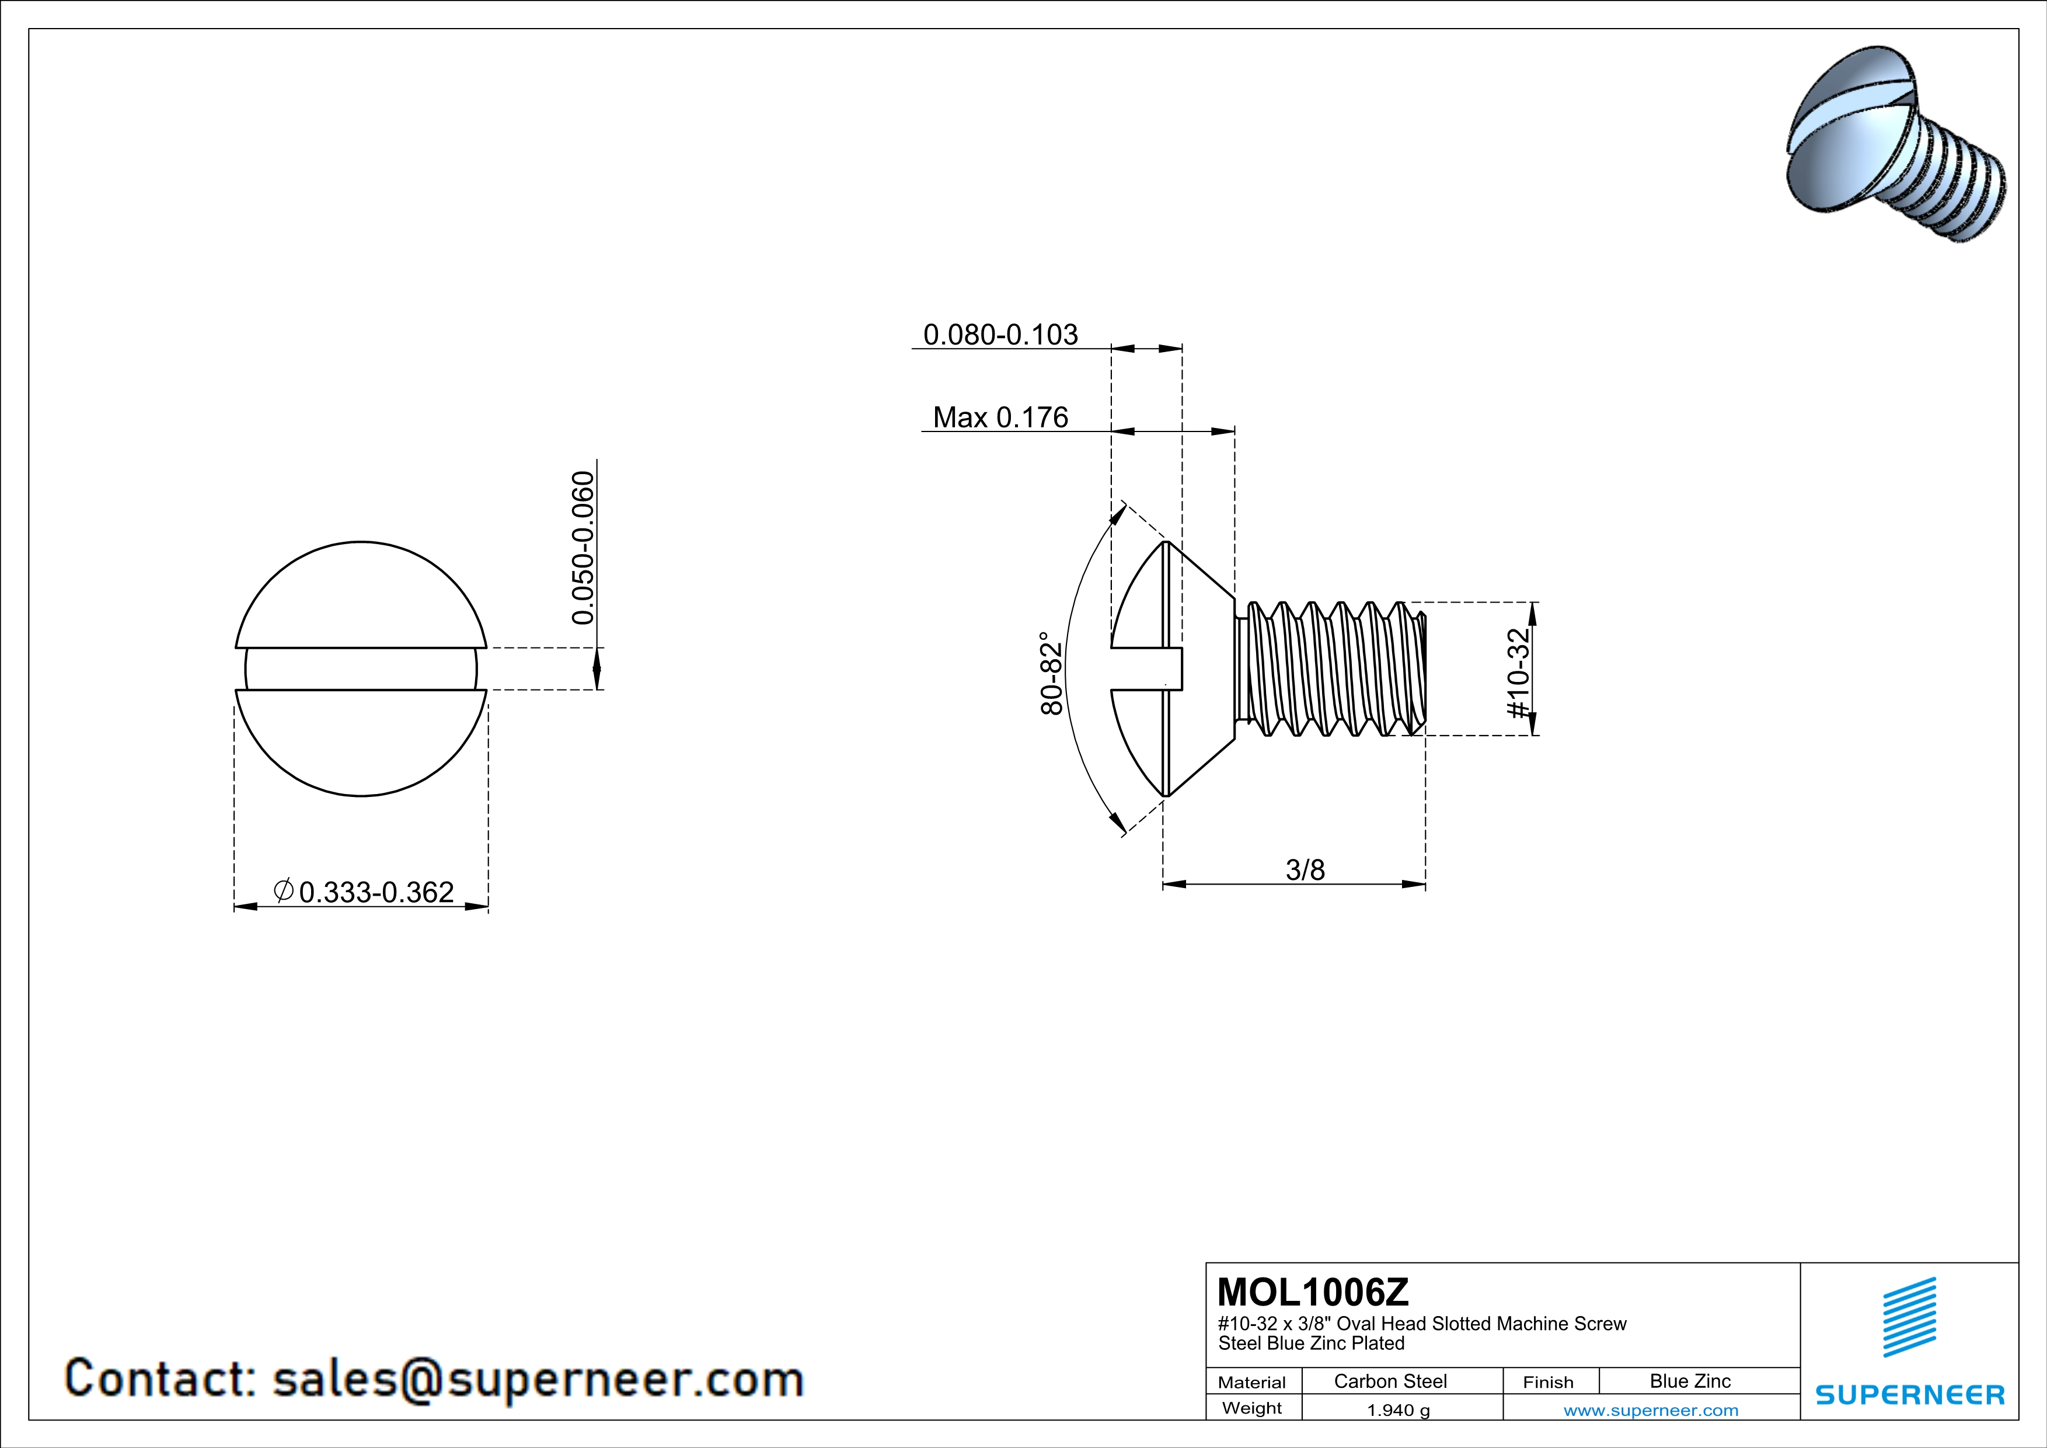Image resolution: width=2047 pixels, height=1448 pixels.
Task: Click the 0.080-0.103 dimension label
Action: click(x=1000, y=335)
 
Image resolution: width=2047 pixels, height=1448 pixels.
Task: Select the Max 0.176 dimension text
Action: click(x=1000, y=417)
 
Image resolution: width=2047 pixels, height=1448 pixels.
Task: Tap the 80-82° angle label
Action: click(x=1052, y=673)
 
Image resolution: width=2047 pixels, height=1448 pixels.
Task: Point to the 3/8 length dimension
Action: click(x=1305, y=869)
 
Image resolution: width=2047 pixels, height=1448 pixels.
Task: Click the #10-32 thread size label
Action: click(x=1518, y=673)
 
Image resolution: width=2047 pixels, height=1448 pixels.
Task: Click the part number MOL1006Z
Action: click(x=1313, y=1292)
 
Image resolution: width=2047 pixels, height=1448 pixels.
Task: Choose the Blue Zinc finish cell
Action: click(x=1690, y=1381)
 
